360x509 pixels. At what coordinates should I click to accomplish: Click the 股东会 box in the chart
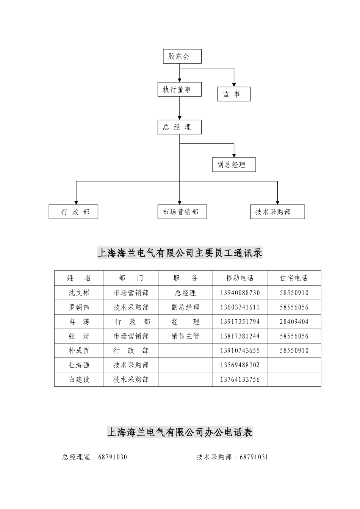[182, 56]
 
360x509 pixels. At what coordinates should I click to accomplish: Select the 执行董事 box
[179, 89]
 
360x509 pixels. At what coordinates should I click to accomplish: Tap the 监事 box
[234, 94]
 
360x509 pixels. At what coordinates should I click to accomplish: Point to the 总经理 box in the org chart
[179, 127]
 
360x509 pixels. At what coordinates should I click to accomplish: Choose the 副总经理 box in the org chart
[234, 165]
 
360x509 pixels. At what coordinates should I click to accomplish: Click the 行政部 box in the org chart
[74, 212]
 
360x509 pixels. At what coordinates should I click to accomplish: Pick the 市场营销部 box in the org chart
[182, 212]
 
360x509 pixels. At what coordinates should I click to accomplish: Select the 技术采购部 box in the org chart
[277, 212]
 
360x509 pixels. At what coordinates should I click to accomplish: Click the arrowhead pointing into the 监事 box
[234, 84]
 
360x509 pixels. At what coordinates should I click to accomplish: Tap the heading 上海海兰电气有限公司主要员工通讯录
[180, 253]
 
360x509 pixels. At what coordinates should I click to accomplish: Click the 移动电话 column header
[240, 278]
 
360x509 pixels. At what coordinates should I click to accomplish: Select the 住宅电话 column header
[294, 278]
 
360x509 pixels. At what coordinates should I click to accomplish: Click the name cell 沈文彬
[79, 293]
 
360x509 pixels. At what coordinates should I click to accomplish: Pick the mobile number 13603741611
[240, 307]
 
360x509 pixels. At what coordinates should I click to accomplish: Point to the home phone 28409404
[294, 322]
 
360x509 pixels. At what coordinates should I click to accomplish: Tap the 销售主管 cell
[185, 336]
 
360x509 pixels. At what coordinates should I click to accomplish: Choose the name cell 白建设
[79, 379]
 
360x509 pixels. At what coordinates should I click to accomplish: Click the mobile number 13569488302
[240, 365]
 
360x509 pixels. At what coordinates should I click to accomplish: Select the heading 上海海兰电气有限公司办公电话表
[180, 432]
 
